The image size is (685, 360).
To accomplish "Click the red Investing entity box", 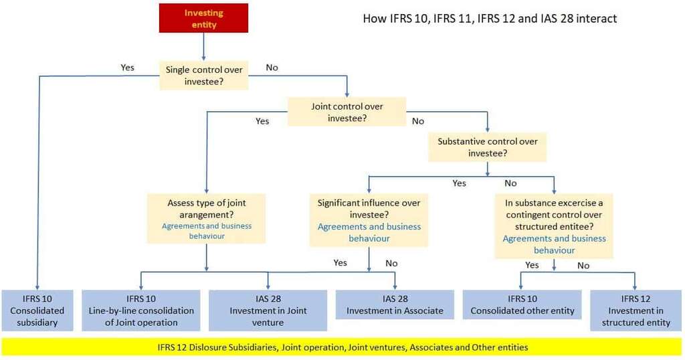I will coord(203,18).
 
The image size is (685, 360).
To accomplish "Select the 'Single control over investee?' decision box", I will coord(204,76).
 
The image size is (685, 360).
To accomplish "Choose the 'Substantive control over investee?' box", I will coord(487,147).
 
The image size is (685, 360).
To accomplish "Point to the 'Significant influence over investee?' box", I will coord(369,219).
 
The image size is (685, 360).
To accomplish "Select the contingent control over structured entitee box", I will coord(554,226).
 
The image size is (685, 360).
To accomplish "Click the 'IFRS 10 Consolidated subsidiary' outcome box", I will coord(37,310).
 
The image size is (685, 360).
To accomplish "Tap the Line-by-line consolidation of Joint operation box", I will coord(141,310).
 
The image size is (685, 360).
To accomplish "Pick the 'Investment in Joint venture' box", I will coord(268,310).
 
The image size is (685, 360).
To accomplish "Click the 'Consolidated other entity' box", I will coord(522,304).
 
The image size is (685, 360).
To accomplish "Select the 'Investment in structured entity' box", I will coord(635,310).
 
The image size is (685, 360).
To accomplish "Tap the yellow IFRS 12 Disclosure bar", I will coord(342,347).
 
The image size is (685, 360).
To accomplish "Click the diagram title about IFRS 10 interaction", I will coord(490,19).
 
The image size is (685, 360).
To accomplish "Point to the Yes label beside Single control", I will coord(127,67).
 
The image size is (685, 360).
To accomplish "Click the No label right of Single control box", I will coord(272,67).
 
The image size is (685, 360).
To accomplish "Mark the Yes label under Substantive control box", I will coord(459,183).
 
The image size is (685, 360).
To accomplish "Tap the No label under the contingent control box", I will coord(583,266).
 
